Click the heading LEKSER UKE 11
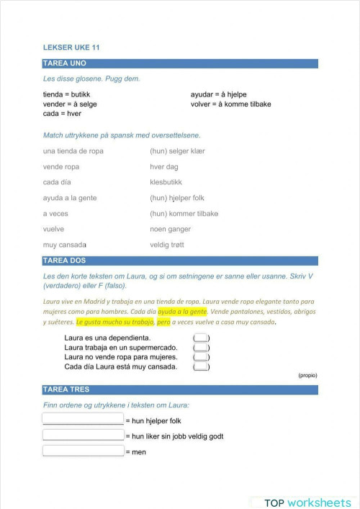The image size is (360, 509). click(x=71, y=48)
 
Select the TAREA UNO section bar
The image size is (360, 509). click(x=180, y=63)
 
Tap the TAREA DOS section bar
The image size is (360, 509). click(x=180, y=261)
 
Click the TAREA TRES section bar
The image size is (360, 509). click(x=180, y=389)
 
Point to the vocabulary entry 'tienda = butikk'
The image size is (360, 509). click(x=66, y=94)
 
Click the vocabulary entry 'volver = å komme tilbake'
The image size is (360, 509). click(x=230, y=104)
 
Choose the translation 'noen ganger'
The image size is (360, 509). click(x=170, y=229)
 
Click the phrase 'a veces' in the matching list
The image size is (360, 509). click(x=55, y=214)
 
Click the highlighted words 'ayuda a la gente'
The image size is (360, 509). click(x=182, y=311)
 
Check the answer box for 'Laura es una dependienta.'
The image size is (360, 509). click(x=201, y=338)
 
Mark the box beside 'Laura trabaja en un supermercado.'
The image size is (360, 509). click(x=201, y=347)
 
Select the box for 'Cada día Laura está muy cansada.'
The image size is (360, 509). click(x=201, y=366)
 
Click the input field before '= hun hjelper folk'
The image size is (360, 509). click(x=83, y=418)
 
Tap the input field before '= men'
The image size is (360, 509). click(x=83, y=451)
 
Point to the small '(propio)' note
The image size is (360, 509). click(x=307, y=376)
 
